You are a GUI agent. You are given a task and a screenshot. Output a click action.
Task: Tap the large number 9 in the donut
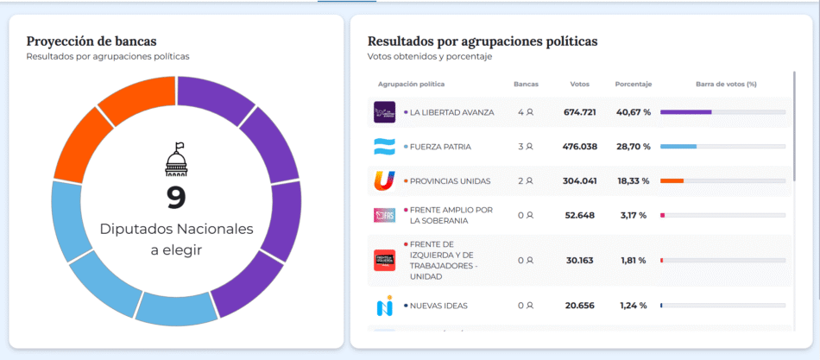point(176,198)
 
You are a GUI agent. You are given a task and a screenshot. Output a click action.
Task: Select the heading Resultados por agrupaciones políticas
point(483,41)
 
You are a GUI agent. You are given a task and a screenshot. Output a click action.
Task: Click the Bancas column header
point(526,84)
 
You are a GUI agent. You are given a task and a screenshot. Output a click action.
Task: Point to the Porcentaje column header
point(633,84)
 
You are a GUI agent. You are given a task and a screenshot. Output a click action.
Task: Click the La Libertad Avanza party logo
point(384,112)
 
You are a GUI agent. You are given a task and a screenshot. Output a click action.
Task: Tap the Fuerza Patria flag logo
point(384,147)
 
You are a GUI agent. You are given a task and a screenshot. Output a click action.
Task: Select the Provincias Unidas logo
point(384,181)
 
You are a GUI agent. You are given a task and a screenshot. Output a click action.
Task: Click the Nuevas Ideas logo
point(384,306)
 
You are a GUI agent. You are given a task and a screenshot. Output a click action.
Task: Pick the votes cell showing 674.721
point(580,112)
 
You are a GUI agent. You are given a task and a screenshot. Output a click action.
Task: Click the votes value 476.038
point(580,147)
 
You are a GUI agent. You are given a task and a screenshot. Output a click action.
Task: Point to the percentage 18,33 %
point(633,181)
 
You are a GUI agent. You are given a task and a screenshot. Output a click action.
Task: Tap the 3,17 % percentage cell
point(633,215)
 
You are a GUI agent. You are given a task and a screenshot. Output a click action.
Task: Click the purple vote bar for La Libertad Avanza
point(686,112)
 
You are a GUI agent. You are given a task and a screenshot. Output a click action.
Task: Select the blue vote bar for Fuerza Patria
point(678,147)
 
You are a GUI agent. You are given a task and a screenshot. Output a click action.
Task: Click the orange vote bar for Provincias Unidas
point(672,181)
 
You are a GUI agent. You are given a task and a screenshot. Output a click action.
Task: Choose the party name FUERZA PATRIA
point(440,147)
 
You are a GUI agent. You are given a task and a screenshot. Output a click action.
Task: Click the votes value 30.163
point(580,260)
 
